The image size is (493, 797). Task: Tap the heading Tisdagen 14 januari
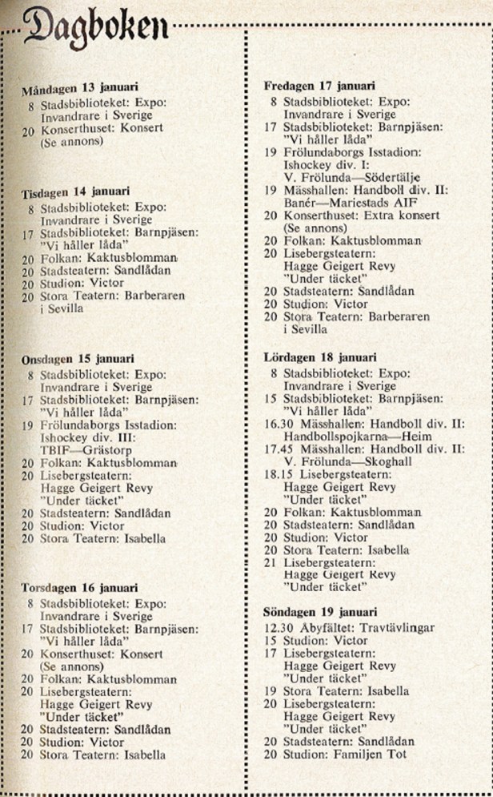tap(75, 191)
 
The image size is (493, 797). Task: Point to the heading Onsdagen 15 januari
tap(78, 359)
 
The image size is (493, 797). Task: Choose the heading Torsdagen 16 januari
tap(79, 588)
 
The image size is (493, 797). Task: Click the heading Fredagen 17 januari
tap(319, 86)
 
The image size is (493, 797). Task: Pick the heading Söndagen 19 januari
tap(321, 612)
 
